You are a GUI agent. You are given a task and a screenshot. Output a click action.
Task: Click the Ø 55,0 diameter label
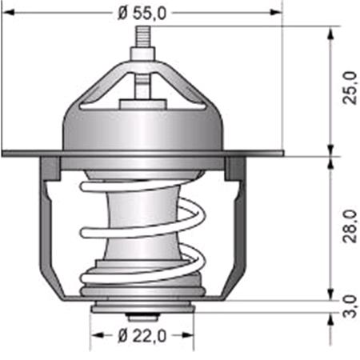(142, 12)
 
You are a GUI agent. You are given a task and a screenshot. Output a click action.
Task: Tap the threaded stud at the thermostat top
(142, 38)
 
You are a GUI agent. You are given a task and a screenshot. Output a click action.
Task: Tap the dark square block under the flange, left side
(50, 168)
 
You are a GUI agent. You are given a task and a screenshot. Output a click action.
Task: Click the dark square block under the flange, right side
(235, 168)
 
